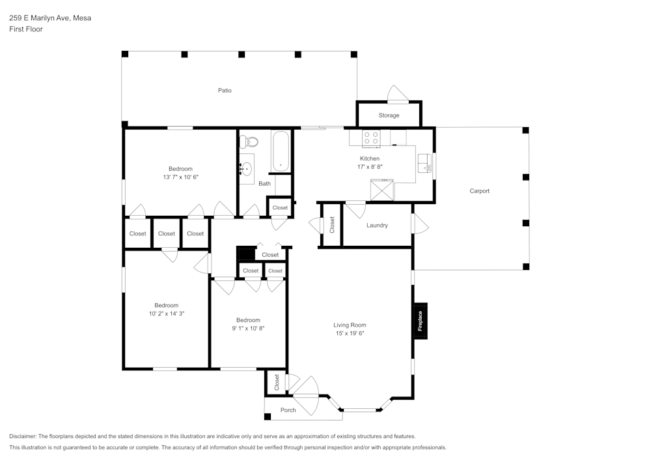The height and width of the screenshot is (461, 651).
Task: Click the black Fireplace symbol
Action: (420, 321)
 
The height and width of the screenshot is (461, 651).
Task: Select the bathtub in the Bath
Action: (281, 151)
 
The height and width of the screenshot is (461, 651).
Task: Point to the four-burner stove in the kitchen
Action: (371, 138)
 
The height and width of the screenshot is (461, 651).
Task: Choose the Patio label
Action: (225, 91)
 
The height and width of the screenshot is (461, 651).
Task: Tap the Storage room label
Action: (389, 115)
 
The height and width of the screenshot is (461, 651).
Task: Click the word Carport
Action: (479, 191)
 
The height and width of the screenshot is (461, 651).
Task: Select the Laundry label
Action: (377, 226)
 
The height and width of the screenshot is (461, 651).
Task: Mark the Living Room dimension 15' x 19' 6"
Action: (350, 333)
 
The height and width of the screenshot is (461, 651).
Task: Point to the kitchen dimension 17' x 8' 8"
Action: (370, 167)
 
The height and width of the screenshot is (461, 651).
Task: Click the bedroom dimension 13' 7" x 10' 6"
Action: (180, 177)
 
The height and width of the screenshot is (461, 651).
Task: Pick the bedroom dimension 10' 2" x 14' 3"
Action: (166, 314)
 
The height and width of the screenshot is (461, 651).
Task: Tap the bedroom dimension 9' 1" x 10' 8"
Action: (248, 328)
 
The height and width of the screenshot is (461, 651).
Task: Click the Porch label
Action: (288, 410)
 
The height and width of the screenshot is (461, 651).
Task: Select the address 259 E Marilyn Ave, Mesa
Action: (49, 18)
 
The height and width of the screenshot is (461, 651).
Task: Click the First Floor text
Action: (26, 29)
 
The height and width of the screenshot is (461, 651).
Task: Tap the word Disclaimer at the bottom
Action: (23, 436)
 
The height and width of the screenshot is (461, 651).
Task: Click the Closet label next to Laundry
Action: (332, 225)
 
